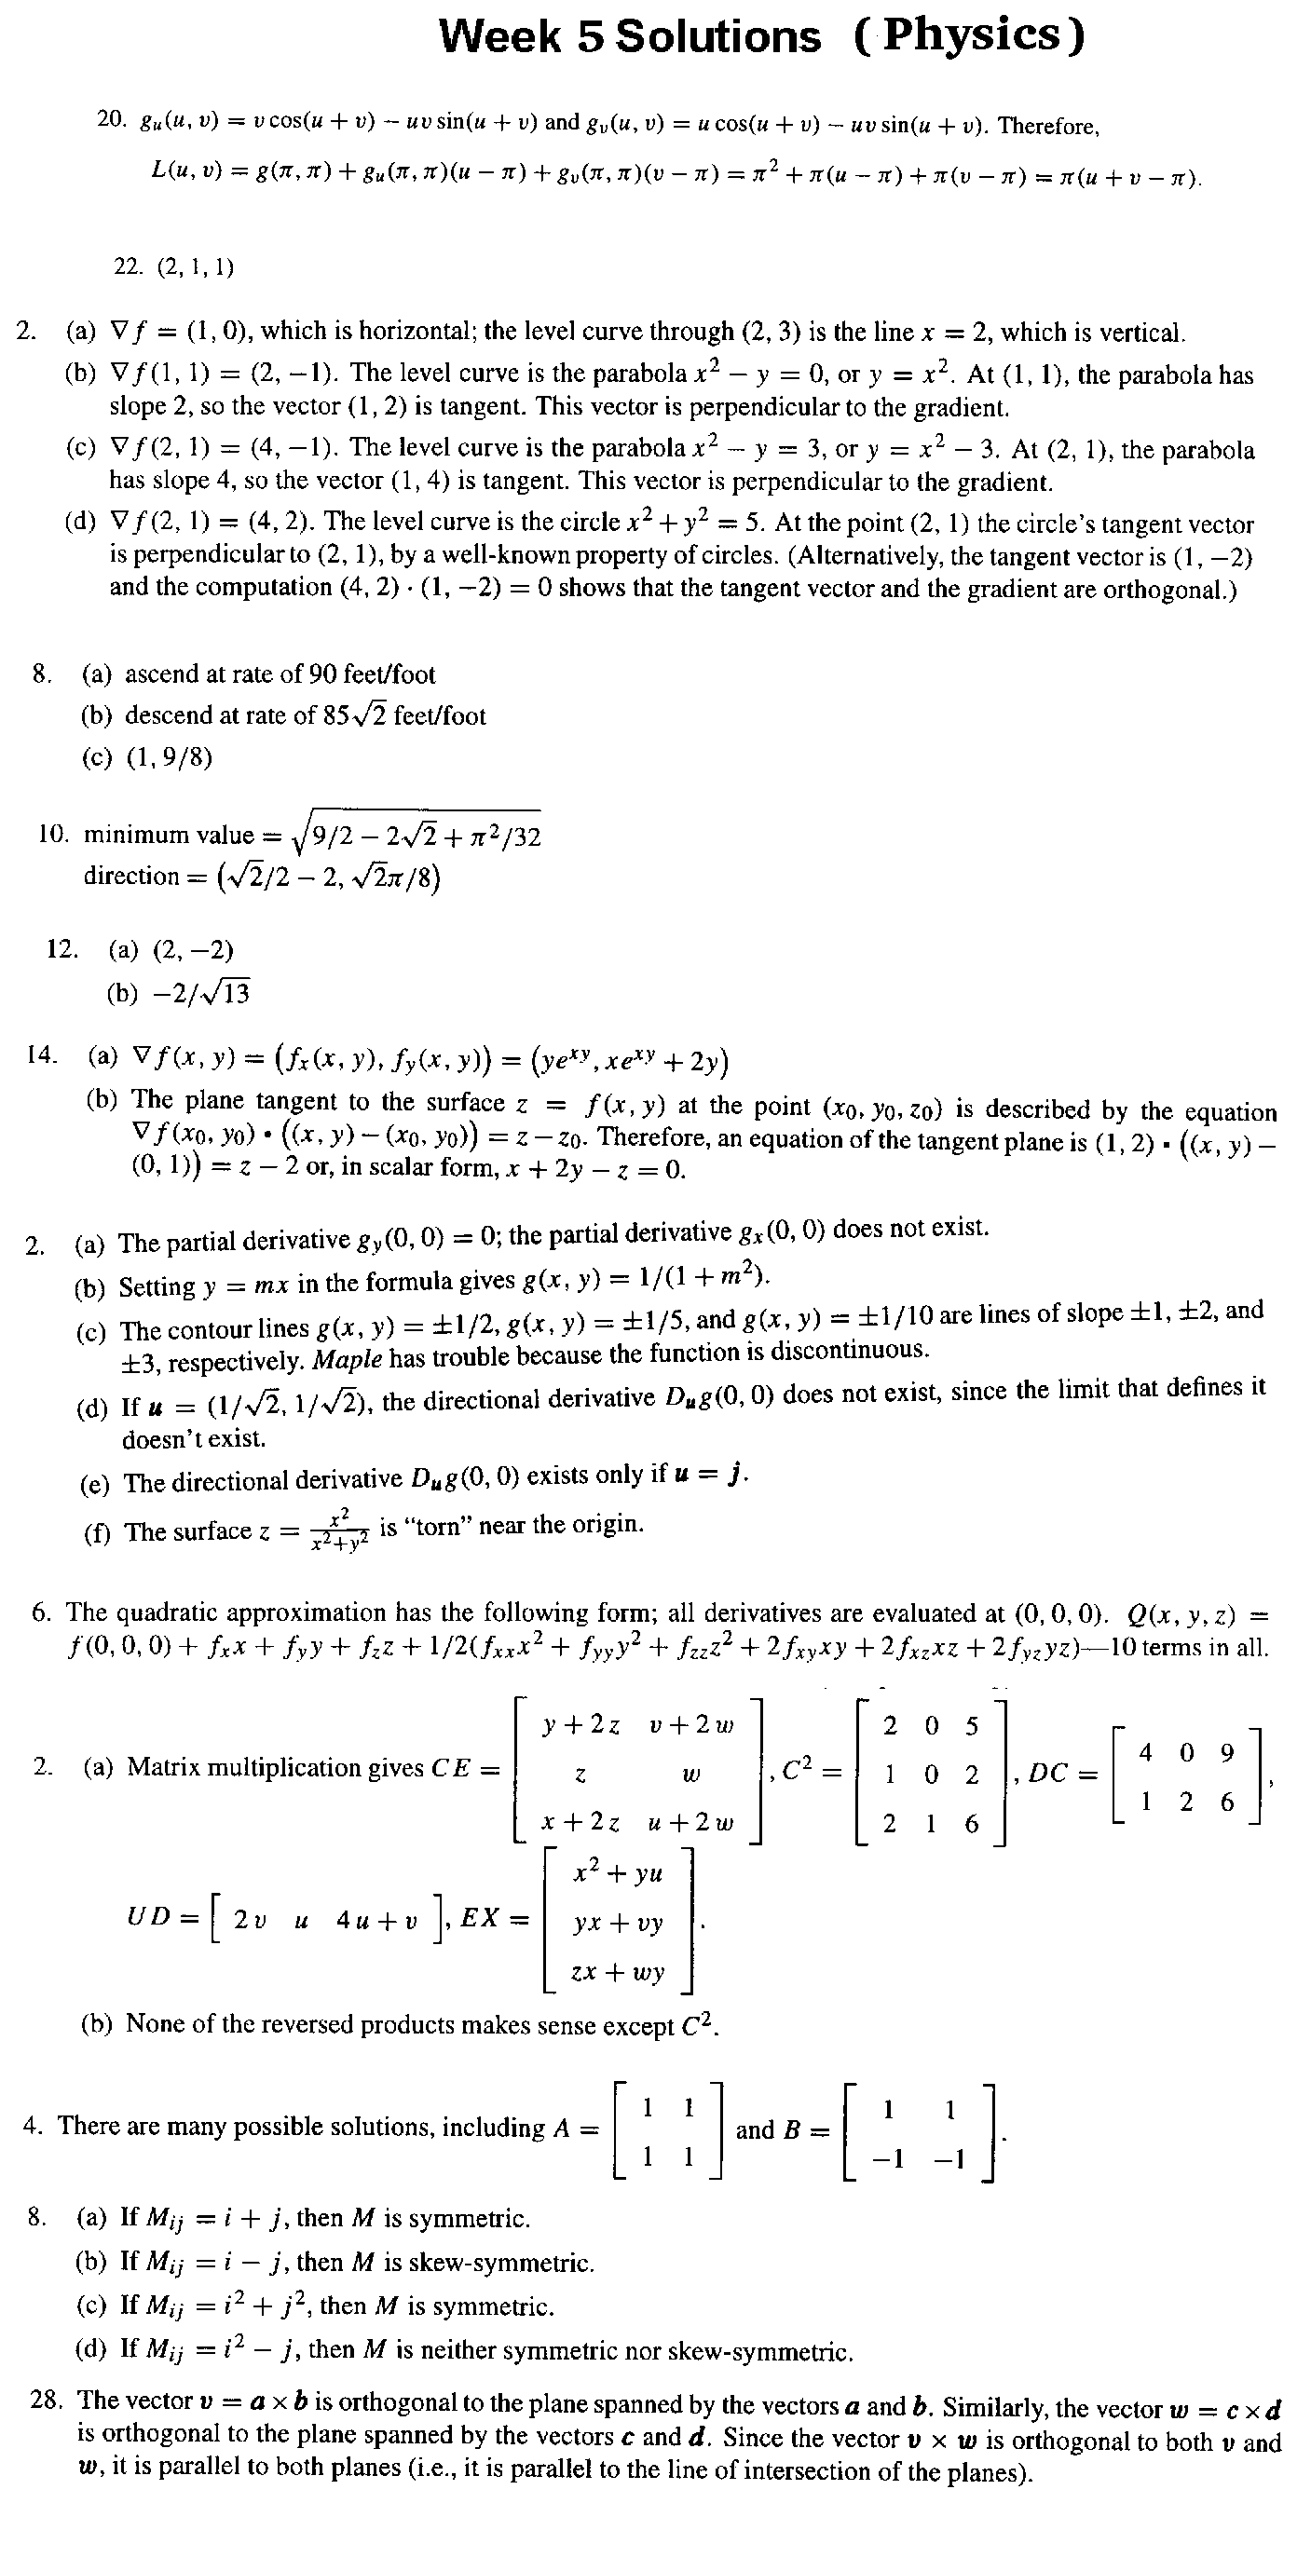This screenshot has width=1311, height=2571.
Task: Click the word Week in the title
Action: coord(500,37)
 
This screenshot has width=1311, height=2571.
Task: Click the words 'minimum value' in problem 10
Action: coord(169,835)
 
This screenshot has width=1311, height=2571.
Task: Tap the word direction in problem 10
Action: coord(130,877)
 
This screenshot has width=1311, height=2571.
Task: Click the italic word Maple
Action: coord(348,1359)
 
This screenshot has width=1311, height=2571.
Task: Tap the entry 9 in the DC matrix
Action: coord(1227,1752)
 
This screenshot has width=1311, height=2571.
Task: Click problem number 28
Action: coord(46,2401)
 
